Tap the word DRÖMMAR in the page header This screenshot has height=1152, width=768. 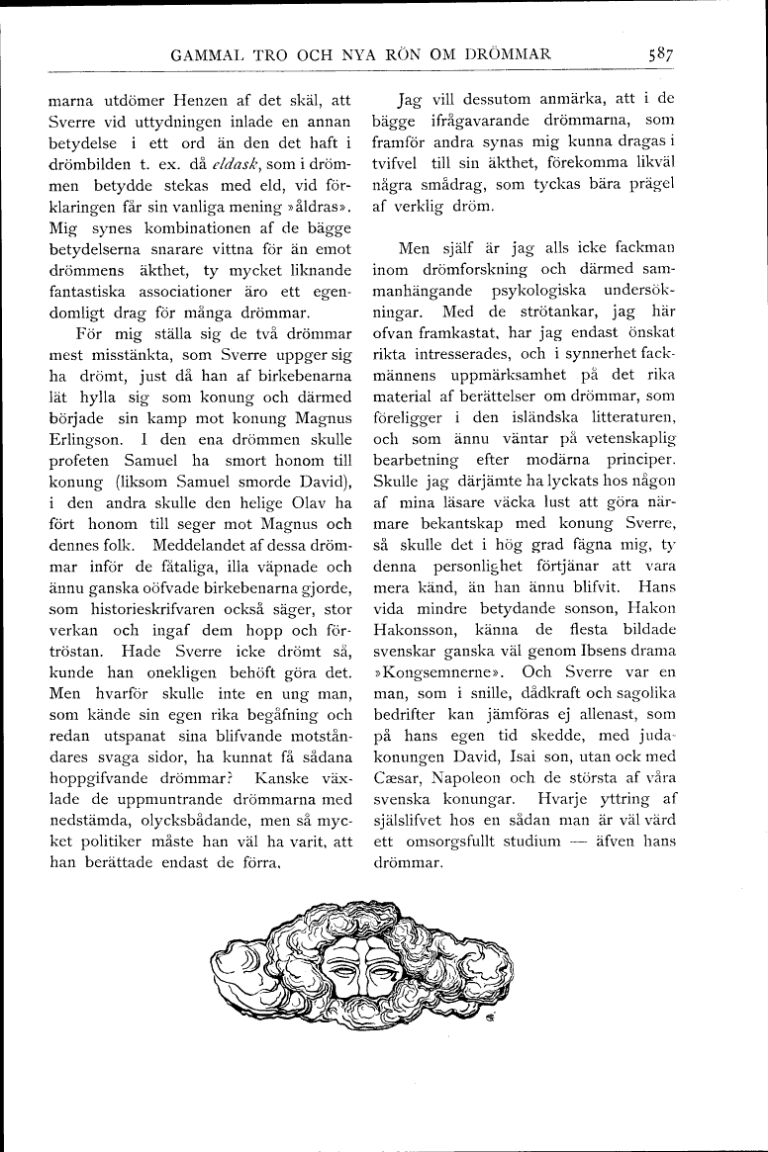502,55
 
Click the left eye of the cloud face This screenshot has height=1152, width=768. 343,968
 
